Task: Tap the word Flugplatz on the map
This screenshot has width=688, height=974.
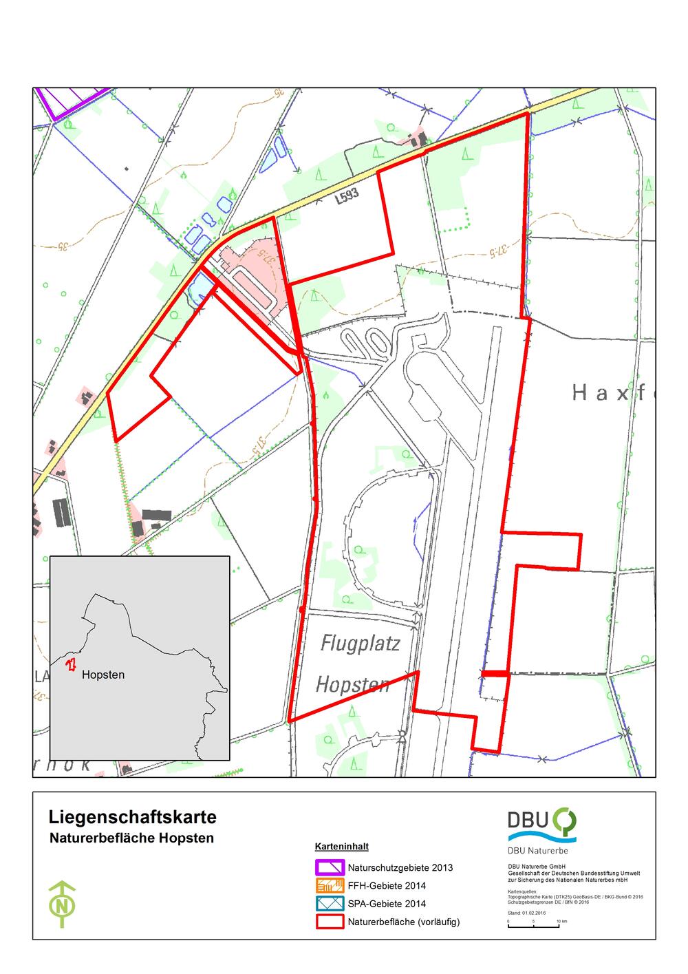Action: [361, 644]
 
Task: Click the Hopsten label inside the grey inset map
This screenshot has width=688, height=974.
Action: [103, 675]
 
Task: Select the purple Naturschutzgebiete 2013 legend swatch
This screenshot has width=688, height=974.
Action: [330, 867]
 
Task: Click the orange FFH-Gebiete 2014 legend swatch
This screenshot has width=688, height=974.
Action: [330, 886]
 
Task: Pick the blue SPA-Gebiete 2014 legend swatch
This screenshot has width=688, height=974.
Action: [330, 904]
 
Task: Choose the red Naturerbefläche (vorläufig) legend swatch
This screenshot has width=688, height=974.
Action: [330, 922]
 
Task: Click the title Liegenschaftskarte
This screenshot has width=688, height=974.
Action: [133, 818]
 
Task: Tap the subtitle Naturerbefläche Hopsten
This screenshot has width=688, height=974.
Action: [131, 838]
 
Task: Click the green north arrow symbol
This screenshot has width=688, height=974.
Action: [63, 904]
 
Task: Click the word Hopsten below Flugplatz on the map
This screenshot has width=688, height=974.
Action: [352, 685]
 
